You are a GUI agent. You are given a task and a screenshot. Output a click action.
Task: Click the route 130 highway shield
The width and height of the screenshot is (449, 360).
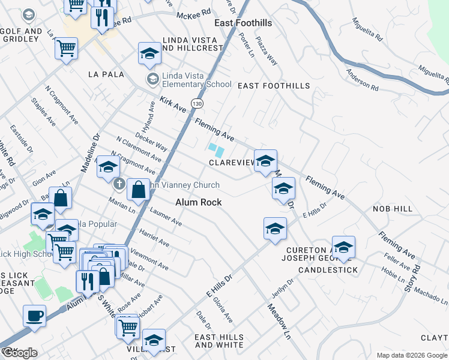coord(197,104)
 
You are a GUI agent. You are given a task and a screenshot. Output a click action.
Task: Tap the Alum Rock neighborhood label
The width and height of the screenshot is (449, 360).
coord(198,203)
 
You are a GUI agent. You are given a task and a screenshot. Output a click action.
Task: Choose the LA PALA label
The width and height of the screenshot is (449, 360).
coord(106,74)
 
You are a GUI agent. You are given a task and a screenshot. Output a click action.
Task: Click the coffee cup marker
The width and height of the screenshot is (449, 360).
coord(34,316)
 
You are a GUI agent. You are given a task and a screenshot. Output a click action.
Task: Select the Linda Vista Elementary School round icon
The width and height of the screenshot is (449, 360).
coord(152,79)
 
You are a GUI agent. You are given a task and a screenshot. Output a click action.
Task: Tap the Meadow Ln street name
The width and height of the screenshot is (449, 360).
coord(279,320)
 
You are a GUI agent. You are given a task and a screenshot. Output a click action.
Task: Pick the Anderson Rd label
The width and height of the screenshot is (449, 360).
coord(362,80)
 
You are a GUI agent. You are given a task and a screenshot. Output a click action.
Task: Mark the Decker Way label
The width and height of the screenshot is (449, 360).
coord(151,142)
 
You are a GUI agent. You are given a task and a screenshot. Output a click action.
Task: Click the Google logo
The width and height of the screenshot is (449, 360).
coord(19,353)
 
